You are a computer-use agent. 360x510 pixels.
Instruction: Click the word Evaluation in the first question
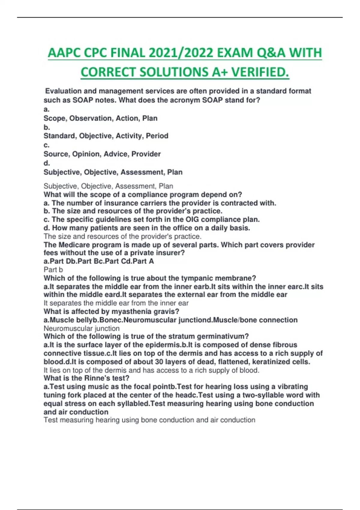63,91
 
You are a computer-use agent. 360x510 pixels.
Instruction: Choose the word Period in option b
157,136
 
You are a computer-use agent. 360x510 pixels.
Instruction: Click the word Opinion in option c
87,154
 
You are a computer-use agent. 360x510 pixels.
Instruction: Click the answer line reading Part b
53,269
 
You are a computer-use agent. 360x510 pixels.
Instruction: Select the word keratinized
272,362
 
